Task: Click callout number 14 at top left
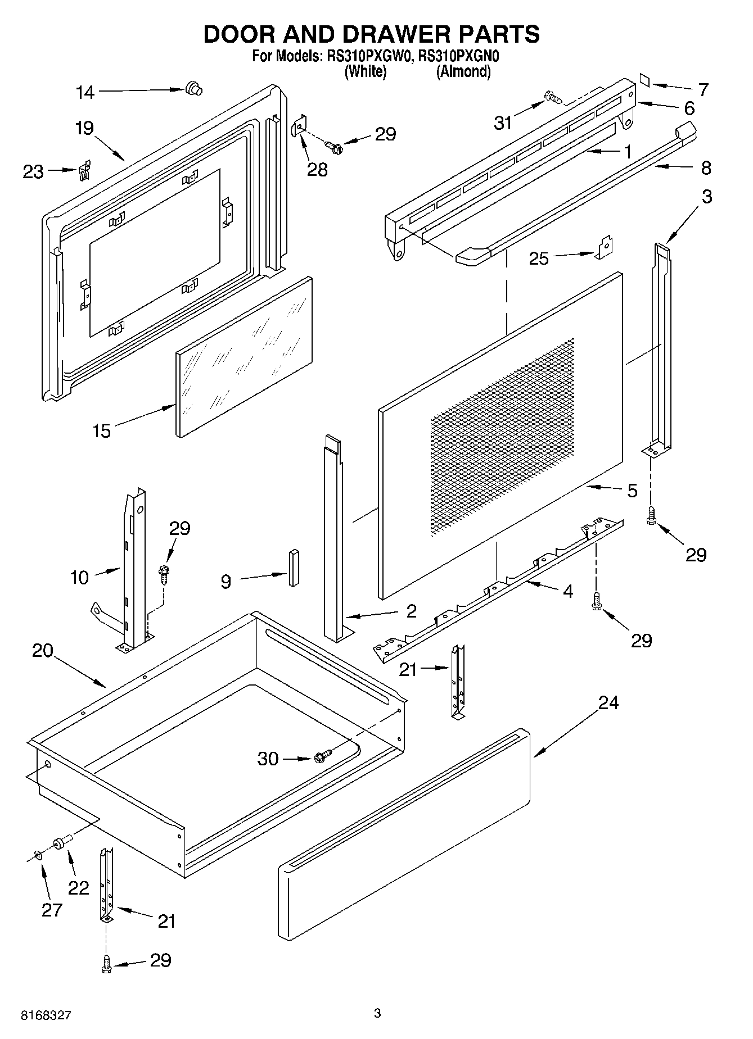click(85, 92)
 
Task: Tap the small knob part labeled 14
click(193, 89)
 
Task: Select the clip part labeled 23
click(84, 170)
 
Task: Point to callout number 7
click(703, 89)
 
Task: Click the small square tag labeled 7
click(645, 80)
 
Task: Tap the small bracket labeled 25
click(605, 248)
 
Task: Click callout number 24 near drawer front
click(608, 702)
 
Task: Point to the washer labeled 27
click(38, 855)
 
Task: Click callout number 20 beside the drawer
click(42, 651)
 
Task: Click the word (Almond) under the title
click(463, 71)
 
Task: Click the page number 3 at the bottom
click(377, 1013)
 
